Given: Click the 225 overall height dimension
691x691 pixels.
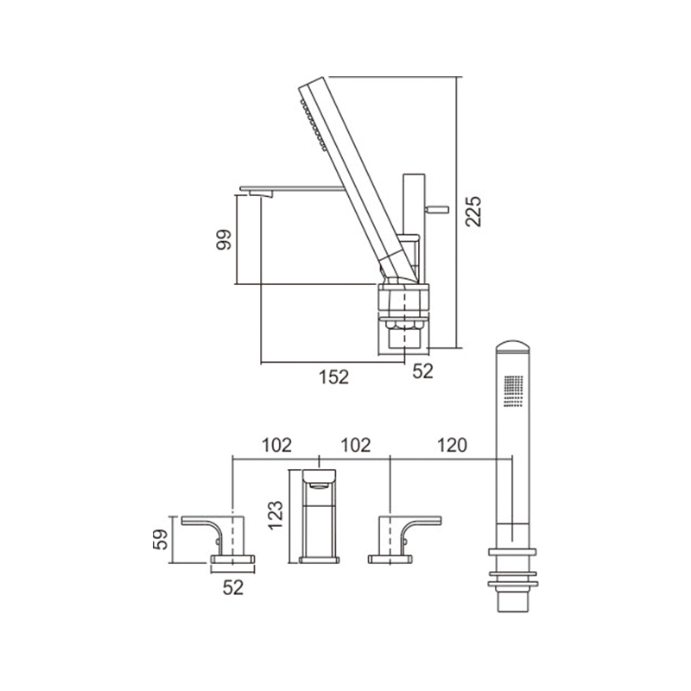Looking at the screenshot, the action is point(473,212).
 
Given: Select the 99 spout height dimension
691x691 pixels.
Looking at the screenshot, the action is point(224,240).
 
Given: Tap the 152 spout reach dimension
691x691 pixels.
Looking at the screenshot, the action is point(333,377).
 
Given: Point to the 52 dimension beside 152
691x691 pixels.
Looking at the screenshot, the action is point(422,371).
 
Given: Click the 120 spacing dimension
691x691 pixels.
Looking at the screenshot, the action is point(452,445).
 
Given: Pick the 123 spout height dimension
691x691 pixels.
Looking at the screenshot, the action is point(276,515).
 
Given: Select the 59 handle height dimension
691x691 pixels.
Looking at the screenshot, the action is point(161,539).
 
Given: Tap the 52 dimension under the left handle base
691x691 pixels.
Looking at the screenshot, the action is point(233,587).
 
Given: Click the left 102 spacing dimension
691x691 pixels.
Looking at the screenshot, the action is point(276,445).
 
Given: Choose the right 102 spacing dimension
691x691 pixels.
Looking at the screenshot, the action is point(356,445).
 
